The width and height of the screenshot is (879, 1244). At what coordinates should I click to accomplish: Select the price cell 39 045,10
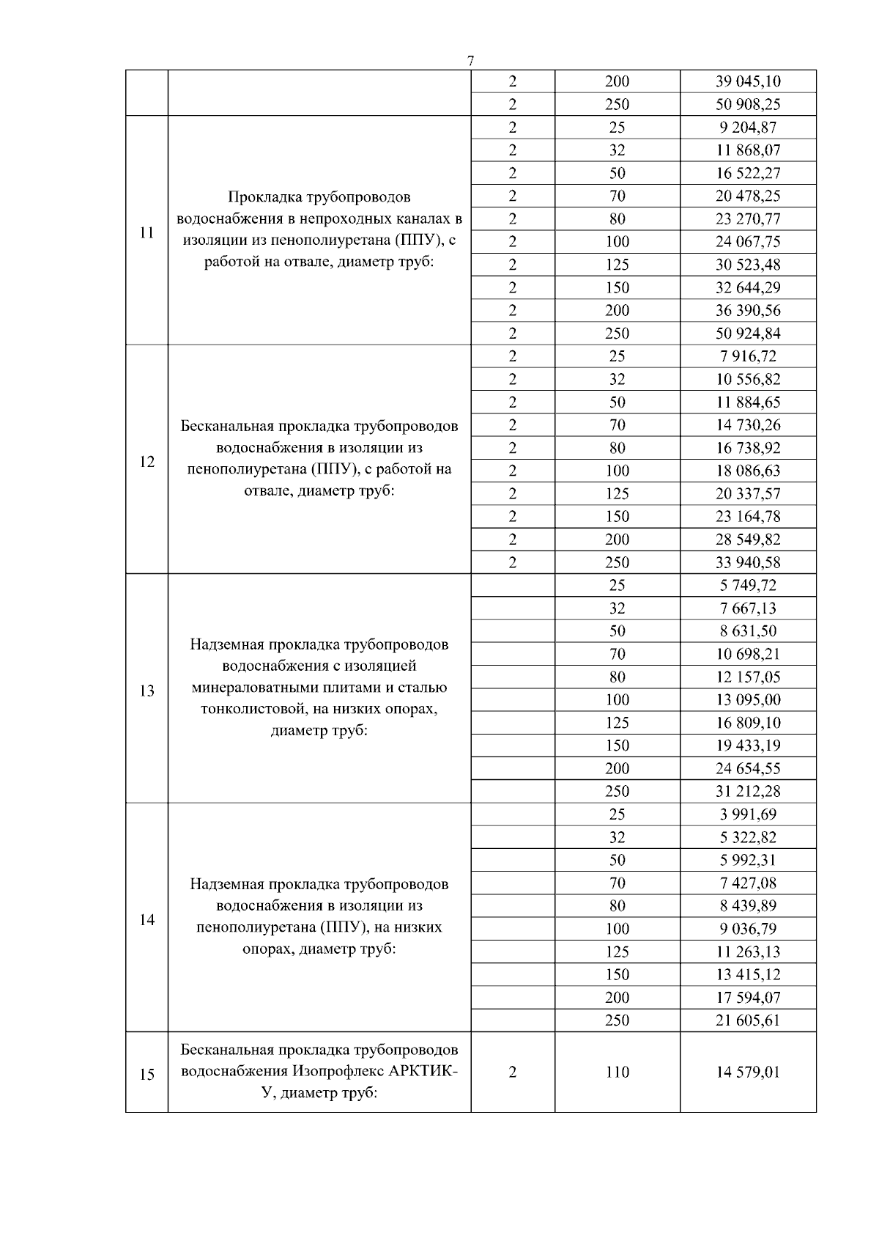(x=748, y=81)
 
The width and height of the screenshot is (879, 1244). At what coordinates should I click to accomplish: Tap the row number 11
(x=146, y=232)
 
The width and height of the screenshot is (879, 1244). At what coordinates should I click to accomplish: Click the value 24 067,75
(x=748, y=242)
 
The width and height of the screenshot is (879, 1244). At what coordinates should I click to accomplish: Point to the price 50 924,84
(x=748, y=334)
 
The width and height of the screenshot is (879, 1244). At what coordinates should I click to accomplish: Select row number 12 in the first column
(x=146, y=461)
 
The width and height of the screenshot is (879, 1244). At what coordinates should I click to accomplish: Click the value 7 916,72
(x=748, y=356)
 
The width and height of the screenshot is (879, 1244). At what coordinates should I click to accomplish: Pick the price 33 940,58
(x=748, y=562)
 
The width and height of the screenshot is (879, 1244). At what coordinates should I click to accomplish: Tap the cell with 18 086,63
(x=748, y=471)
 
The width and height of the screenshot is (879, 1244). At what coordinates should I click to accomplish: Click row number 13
(x=146, y=691)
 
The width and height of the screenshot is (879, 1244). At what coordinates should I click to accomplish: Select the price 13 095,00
(x=748, y=699)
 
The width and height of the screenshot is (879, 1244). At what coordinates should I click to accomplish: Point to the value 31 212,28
(x=748, y=791)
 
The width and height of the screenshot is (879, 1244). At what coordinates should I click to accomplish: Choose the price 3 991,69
(x=748, y=814)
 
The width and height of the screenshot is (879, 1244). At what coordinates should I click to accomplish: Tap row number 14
(x=146, y=919)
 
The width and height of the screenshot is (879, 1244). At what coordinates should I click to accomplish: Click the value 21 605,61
(x=748, y=1020)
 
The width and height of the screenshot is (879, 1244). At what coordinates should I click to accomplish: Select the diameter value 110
(x=617, y=1072)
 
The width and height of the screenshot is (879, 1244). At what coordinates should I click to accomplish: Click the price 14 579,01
(x=748, y=1072)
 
